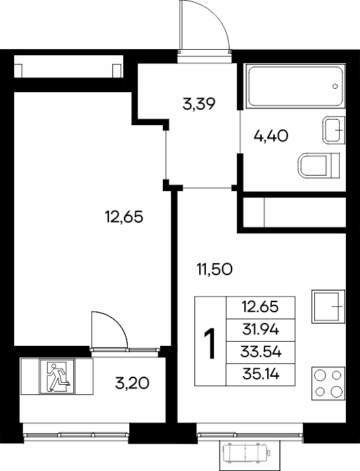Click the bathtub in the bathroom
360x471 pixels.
tap(295, 86)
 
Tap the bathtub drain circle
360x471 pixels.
tap(335, 86)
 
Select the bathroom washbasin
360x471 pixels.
tap(334, 131)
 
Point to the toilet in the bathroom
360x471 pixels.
tap(319, 165)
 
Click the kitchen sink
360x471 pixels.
tap(328, 306)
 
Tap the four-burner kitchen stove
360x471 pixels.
tap(328, 384)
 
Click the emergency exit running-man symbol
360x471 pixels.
tap(57, 377)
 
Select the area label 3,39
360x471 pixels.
tap(199, 104)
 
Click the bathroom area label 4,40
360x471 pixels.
tap(271, 136)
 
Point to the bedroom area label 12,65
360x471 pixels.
tap(124, 217)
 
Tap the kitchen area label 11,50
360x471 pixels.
tap(214, 269)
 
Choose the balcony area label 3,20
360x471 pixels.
tap(132, 383)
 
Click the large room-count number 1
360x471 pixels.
tap(210, 344)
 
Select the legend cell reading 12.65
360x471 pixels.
tap(260, 307)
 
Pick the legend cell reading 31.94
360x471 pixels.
tap(260, 330)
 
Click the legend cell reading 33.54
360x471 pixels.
tap(260, 352)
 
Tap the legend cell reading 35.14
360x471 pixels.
tap(260, 374)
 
